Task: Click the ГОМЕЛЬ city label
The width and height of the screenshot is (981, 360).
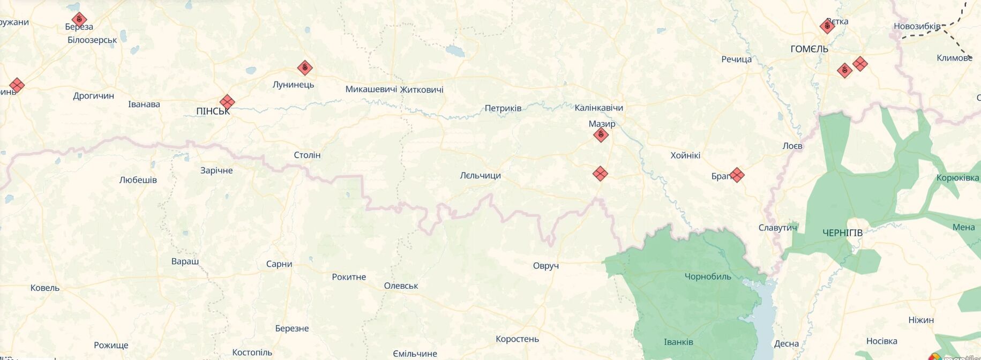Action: click(x=809, y=49)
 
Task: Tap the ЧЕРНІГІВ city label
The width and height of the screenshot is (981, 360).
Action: click(x=842, y=232)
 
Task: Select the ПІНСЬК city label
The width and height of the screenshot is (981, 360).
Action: click(x=213, y=111)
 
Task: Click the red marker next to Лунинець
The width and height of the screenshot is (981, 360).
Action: click(x=305, y=67)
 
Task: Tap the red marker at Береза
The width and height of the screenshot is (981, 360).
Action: click(x=79, y=20)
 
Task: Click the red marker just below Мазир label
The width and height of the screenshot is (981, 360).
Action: click(x=601, y=134)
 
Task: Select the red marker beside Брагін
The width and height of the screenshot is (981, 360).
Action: click(x=737, y=175)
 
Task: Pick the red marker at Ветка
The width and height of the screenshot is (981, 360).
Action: click(x=827, y=26)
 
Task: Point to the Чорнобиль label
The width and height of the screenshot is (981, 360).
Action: click(x=707, y=276)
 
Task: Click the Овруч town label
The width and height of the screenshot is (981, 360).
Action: click(x=545, y=266)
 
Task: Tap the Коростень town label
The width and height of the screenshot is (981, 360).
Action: click(x=517, y=339)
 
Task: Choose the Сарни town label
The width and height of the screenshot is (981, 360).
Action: click(x=279, y=264)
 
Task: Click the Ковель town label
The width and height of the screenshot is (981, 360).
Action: click(x=45, y=288)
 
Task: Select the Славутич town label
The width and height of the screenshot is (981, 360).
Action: click(x=777, y=228)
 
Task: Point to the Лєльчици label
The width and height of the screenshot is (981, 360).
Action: click(x=480, y=175)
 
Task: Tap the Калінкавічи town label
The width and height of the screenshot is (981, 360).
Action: click(x=598, y=108)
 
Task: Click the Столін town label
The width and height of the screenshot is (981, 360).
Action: click(x=307, y=155)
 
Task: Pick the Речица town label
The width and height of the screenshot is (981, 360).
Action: click(x=736, y=59)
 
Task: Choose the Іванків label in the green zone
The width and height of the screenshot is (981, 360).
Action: click(x=678, y=342)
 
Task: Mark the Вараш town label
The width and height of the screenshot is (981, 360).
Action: click(x=185, y=261)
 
